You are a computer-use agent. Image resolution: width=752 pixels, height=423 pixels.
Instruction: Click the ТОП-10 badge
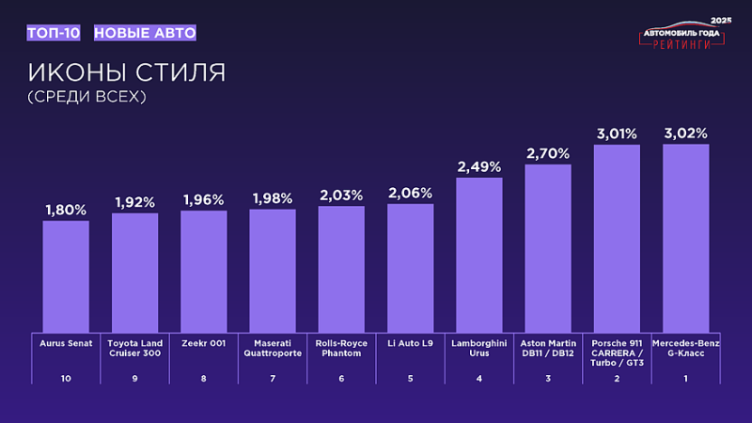point(54,33)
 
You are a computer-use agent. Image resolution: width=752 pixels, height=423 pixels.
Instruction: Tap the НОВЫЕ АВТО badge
point(145,33)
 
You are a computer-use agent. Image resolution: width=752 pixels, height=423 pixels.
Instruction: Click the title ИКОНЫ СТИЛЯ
point(126,72)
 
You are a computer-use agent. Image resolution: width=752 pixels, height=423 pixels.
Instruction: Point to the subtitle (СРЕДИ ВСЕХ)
point(87,96)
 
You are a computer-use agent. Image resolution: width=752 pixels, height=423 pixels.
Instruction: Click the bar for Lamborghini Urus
point(478,254)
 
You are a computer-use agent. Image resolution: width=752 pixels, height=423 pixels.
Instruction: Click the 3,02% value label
point(685,133)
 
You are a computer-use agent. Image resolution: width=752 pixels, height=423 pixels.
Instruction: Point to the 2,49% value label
point(478,167)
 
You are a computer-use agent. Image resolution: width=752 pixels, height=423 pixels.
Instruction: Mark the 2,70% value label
point(548,153)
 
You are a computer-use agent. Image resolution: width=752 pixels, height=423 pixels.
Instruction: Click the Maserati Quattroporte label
point(273,349)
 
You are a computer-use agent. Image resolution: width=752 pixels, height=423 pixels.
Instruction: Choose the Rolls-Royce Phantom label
point(341,349)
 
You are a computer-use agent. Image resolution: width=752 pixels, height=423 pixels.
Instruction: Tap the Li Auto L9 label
point(410,344)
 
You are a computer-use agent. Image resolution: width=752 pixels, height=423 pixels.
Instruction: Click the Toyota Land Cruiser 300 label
point(134,349)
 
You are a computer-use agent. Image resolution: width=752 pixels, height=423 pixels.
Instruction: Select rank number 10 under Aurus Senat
point(66,378)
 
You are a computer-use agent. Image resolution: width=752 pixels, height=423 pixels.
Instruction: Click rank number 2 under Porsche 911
point(617,378)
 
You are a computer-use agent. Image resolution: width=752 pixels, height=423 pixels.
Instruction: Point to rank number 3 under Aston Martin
point(548,378)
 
